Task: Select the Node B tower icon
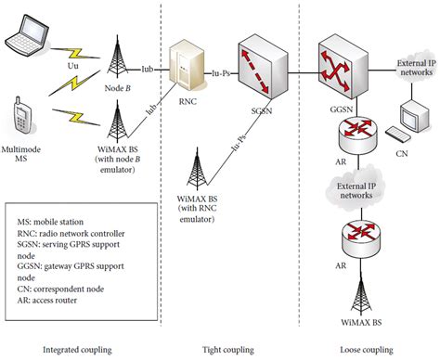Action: [118, 58]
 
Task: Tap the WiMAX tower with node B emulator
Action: [118, 124]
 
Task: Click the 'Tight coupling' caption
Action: [228, 350]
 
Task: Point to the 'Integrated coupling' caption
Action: [78, 350]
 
